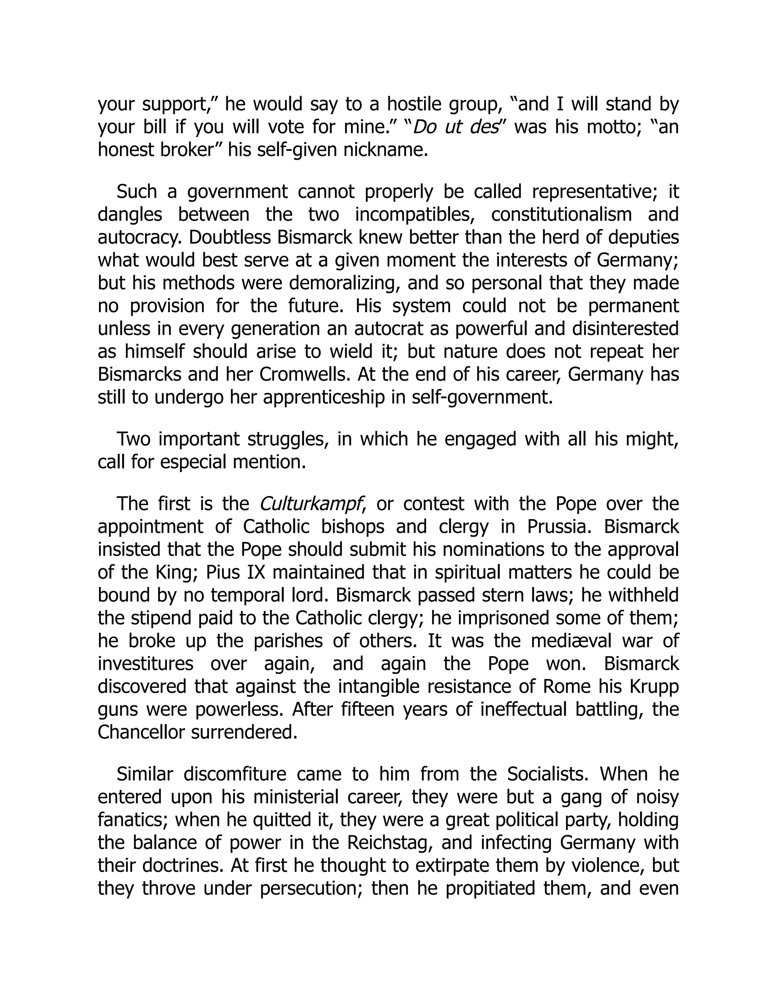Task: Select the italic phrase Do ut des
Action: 456,127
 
